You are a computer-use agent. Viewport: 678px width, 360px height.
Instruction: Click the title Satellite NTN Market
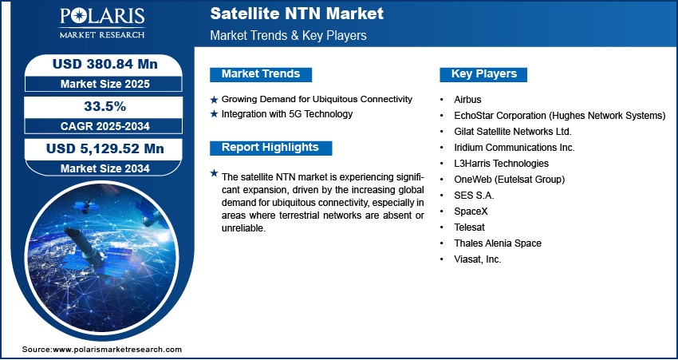tap(297, 14)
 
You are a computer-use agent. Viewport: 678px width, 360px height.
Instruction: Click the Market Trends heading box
tap(260, 74)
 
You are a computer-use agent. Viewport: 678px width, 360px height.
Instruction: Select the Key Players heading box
tap(484, 74)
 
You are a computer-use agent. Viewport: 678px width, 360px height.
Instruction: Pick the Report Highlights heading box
tap(270, 148)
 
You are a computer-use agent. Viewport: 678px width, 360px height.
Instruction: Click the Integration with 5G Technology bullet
tap(287, 114)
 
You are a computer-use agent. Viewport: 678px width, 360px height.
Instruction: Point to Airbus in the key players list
tap(469, 100)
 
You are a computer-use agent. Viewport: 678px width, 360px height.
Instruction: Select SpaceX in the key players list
tap(471, 212)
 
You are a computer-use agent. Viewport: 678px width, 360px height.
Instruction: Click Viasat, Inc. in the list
tap(477, 259)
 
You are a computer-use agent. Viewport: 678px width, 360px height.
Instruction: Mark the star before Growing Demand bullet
tap(214, 100)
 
